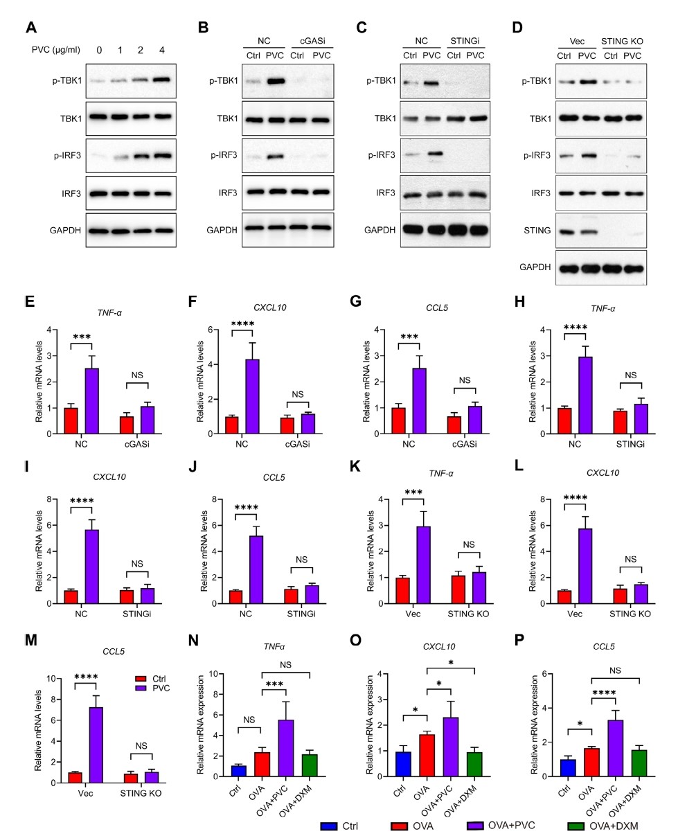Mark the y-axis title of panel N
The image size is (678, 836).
click(x=200, y=724)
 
